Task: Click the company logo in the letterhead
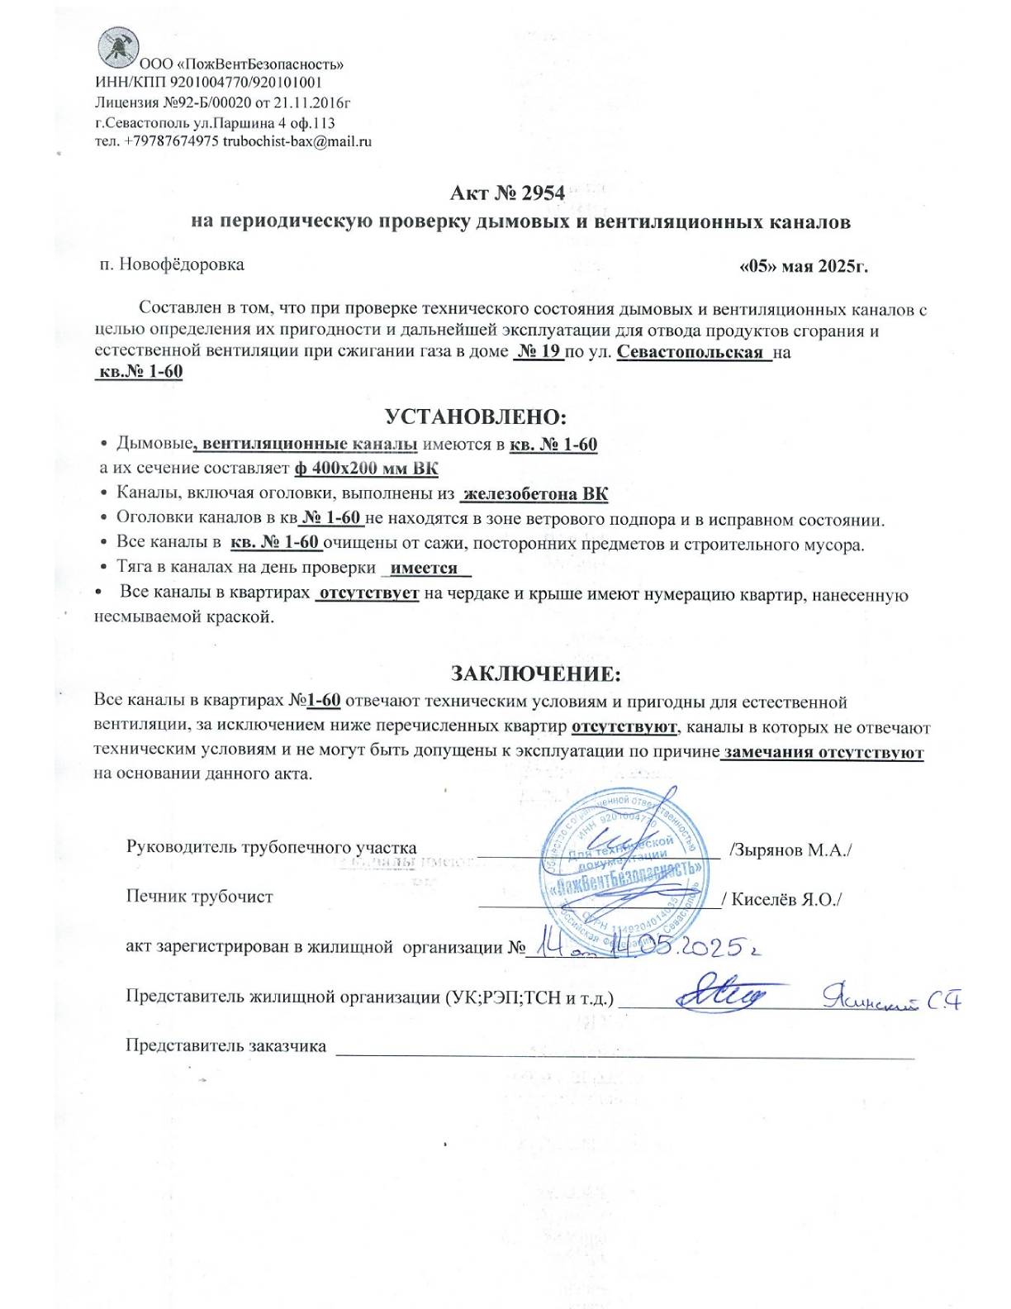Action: (x=117, y=47)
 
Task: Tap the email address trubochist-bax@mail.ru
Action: (x=297, y=141)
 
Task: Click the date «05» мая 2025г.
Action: (x=802, y=266)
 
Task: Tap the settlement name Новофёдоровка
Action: (x=182, y=264)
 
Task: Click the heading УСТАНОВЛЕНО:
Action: (x=476, y=416)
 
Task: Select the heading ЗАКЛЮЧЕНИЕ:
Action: (x=535, y=674)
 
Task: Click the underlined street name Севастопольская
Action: (x=690, y=352)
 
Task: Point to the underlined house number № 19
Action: (x=538, y=352)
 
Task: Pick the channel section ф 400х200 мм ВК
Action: (x=366, y=469)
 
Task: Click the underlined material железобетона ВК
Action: (x=535, y=494)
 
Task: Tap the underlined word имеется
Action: (x=424, y=569)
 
